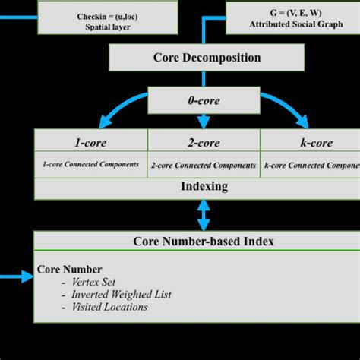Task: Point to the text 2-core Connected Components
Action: [203, 165]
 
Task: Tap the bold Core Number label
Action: [69, 270]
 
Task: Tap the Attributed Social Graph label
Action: [291, 24]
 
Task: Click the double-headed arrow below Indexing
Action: [204, 216]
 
